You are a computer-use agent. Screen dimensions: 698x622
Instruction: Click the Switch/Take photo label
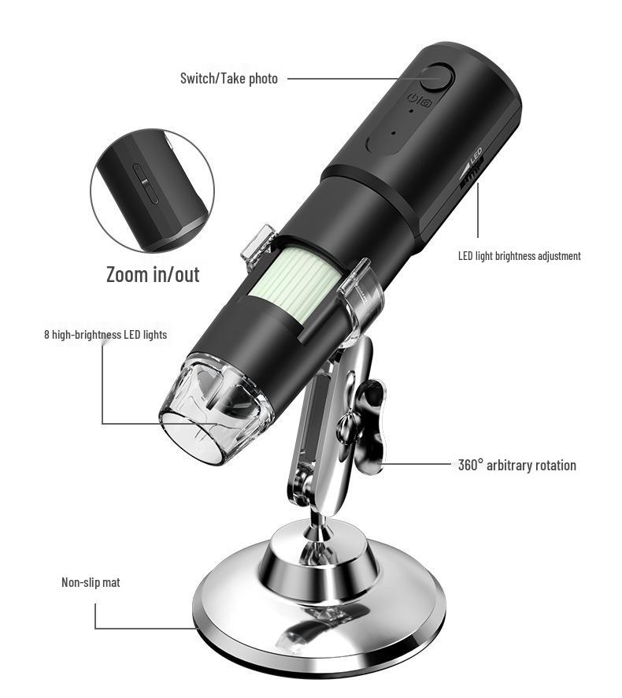(228, 79)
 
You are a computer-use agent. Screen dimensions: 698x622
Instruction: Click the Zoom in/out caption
(153, 274)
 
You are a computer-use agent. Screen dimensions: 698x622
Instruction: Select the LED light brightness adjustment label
(519, 256)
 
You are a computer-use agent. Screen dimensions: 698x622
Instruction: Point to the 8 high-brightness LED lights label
(106, 335)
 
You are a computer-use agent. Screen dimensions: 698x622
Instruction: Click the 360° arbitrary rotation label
(516, 465)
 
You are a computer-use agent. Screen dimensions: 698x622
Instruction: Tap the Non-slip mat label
(91, 583)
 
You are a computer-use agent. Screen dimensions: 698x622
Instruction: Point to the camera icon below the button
(426, 100)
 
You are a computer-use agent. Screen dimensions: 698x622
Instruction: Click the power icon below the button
(413, 98)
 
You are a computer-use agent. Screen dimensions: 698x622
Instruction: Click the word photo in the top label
(264, 79)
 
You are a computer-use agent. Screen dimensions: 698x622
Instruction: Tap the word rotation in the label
(554, 465)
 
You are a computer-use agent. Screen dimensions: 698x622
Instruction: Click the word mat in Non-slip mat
(110, 583)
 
